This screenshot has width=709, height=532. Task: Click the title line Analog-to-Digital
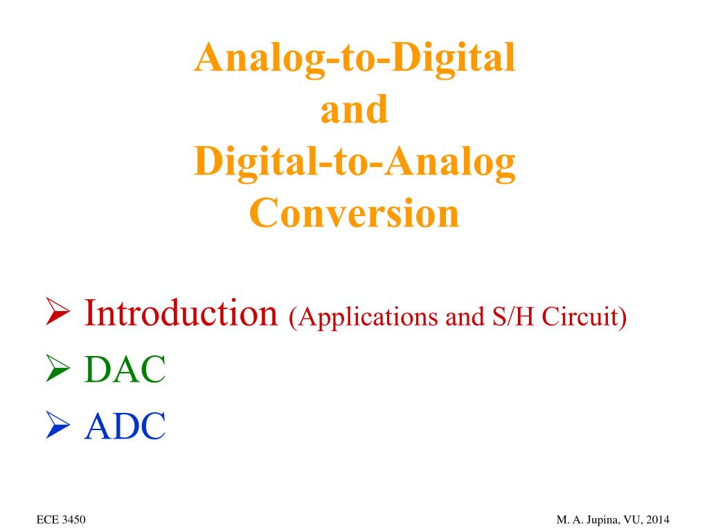pyautogui.click(x=354, y=60)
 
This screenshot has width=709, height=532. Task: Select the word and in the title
pyautogui.click(x=354, y=111)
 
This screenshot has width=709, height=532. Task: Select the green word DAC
pyautogui.click(x=125, y=371)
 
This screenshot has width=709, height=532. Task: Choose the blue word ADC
pyautogui.click(x=125, y=426)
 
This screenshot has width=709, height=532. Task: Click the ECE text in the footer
pyautogui.click(x=46, y=520)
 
